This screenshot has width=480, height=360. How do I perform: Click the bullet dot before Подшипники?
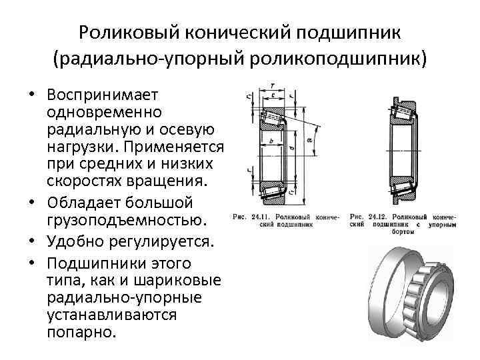click(x=31, y=262)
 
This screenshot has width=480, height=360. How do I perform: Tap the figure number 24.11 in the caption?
click(x=265, y=217)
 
